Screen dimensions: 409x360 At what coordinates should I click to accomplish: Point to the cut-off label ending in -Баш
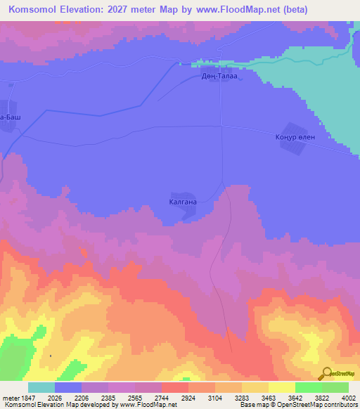tap(10, 117)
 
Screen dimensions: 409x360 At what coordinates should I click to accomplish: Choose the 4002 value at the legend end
tap(349, 397)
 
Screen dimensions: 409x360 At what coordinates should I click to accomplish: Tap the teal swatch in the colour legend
tap(41, 387)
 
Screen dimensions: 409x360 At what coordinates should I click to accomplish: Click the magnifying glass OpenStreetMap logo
tap(326, 373)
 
